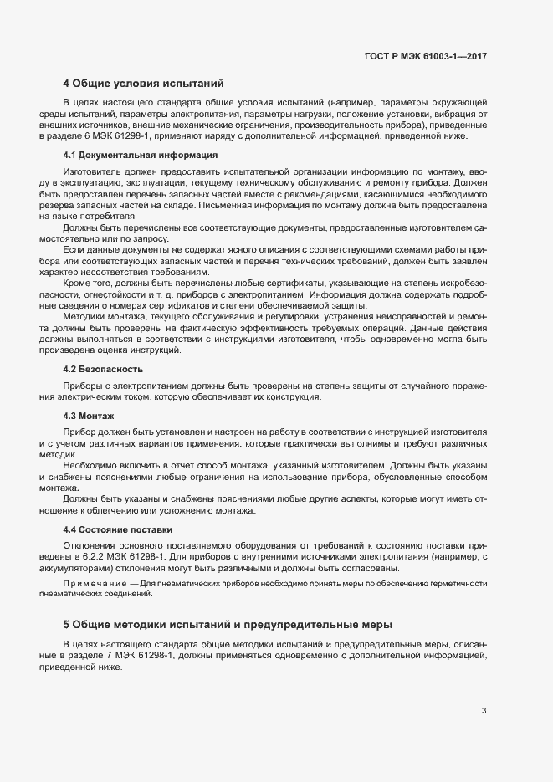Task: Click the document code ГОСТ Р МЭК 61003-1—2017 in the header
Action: pos(426,56)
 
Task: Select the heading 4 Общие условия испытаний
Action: pos(143,84)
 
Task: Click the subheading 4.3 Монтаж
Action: pos(89,416)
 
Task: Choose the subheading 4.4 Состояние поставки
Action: pos(117,529)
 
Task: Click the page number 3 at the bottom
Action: pos(484,712)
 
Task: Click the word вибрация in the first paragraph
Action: pos(458,113)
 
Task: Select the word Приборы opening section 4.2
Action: pos(82,384)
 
